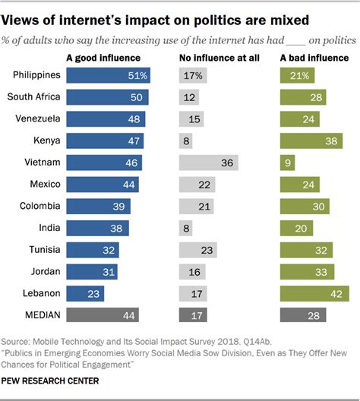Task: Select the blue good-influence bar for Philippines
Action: [x=109, y=74]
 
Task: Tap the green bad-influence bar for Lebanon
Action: [x=314, y=293]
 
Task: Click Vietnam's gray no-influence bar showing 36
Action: [x=208, y=163]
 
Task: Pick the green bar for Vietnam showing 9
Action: [x=287, y=163]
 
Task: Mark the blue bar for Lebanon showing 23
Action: [x=85, y=293]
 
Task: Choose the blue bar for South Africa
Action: [x=108, y=96]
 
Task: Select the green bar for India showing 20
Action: [x=296, y=228]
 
